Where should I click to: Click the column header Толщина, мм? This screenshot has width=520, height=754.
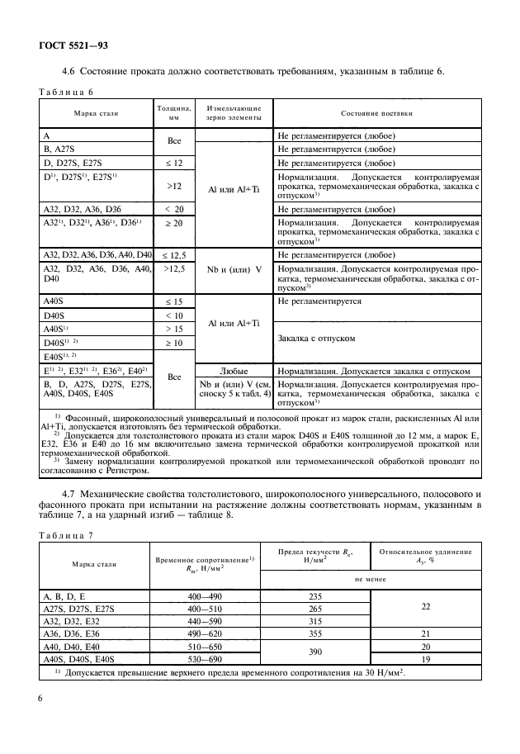[x=174, y=112]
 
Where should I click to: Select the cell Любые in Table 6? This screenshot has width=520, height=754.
[x=234, y=371]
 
